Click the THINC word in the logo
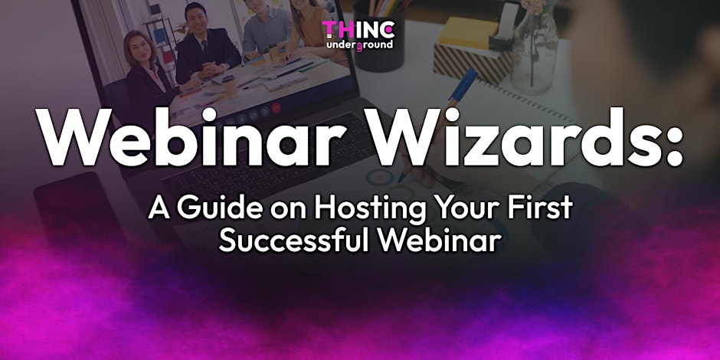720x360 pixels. [x=358, y=31]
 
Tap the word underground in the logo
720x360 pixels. [x=359, y=44]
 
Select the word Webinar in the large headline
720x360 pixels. [x=192, y=138]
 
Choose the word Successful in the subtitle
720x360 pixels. [x=294, y=240]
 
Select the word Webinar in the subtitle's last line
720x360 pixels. [x=439, y=240]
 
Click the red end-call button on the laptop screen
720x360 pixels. [x=276, y=108]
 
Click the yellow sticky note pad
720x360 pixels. [x=467, y=32]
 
